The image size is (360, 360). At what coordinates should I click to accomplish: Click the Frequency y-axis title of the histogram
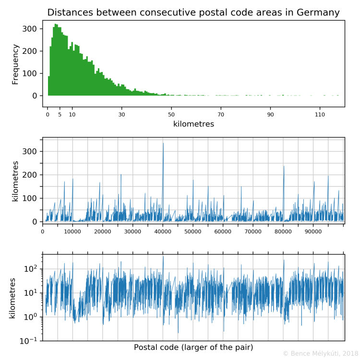click(x=15, y=64)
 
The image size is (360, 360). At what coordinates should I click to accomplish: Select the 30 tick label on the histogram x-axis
click(x=122, y=115)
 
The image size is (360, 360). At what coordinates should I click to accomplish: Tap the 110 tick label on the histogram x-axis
click(x=320, y=115)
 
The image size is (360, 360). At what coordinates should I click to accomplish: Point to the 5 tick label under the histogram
click(x=60, y=115)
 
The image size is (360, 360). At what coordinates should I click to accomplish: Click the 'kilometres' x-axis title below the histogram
click(x=193, y=124)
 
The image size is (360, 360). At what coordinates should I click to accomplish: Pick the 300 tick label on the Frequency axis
click(x=30, y=29)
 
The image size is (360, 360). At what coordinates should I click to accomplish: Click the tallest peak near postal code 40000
click(x=163, y=144)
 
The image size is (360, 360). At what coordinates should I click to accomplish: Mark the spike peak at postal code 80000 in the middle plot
click(x=284, y=167)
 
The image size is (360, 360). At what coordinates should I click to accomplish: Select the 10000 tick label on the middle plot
click(x=72, y=231)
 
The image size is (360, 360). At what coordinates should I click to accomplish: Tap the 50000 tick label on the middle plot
click(x=193, y=231)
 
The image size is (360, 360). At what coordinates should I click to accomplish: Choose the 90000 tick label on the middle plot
click(x=313, y=231)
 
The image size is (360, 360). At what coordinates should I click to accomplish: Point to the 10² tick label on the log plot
click(x=30, y=269)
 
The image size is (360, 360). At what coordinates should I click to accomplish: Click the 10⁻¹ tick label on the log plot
click(x=29, y=340)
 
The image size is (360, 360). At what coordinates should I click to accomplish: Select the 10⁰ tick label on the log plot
click(x=30, y=317)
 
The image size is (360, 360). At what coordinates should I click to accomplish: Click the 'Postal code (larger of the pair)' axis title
click(x=193, y=347)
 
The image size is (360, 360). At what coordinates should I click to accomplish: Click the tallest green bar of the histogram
click(x=56, y=24)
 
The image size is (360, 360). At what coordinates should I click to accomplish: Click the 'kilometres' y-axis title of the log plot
click(x=13, y=296)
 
